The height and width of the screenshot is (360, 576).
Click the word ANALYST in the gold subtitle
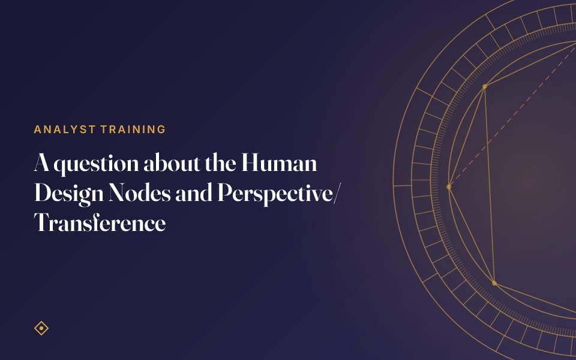click(x=65, y=130)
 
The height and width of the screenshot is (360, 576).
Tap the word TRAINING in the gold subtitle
click(x=133, y=130)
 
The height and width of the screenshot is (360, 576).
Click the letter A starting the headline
click(x=42, y=163)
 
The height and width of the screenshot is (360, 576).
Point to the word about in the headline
click(x=172, y=163)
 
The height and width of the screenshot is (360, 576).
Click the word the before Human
click(x=220, y=163)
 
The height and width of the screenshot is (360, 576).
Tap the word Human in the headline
click(x=279, y=163)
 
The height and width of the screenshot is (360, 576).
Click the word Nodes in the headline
click(x=140, y=193)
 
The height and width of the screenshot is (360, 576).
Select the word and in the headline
click(x=194, y=193)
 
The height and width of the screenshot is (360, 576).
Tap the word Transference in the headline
click(x=100, y=223)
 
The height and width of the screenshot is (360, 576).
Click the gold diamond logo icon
click(x=41, y=328)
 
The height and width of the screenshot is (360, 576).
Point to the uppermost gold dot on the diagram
click(x=485, y=86)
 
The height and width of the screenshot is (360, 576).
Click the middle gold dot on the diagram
click(x=449, y=187)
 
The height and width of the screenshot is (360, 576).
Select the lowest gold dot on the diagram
click(x=494, y=283)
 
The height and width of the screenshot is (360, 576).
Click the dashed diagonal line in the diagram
click(x=512, y=116)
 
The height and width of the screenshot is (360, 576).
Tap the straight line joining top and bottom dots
click(x=490, y=185)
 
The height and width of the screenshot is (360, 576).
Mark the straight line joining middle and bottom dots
click(x=472, y=235)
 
